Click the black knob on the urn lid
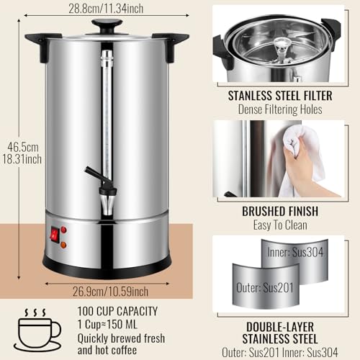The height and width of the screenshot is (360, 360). click(x=107, y=26)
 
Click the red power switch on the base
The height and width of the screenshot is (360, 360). click(x=53, y=234)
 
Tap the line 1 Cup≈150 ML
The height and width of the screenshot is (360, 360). click(x=110, y=324)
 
